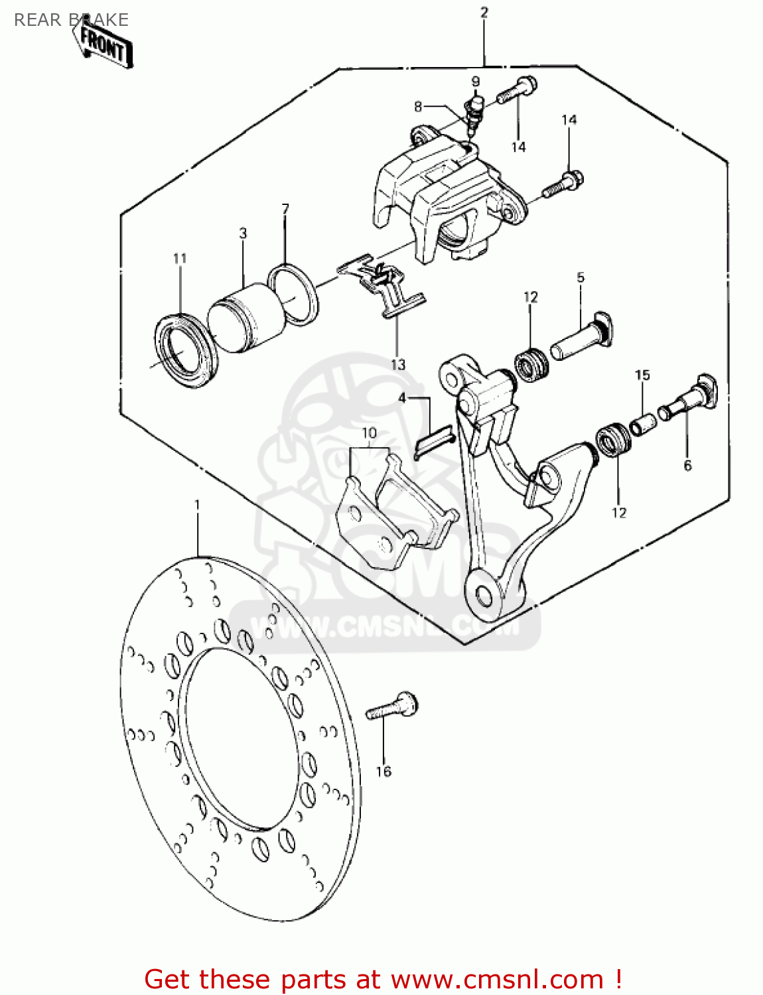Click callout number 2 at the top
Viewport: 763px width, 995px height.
484,12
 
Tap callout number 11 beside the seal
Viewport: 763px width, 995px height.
180,258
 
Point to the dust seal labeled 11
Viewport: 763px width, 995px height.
186,352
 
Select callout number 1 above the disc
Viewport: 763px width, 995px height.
197,505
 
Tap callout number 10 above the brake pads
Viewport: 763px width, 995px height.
369,433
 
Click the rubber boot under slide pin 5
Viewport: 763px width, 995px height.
531,364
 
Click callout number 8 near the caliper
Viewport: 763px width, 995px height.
418,106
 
